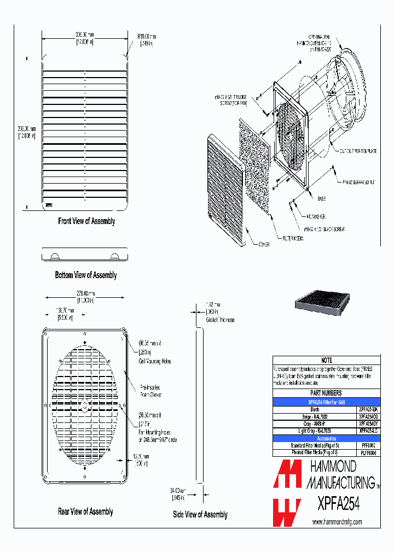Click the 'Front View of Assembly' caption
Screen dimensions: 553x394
click(86, 221)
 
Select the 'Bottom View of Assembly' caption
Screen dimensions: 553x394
click(86, 275)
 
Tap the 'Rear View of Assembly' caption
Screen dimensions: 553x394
click(85, 511)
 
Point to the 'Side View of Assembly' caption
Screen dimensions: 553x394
click(200, 514)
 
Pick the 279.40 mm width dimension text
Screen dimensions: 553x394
click(85, 294)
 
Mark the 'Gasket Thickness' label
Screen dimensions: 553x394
click(220, 320)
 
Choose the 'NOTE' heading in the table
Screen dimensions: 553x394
click(326, 361)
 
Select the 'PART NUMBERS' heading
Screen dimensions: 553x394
click(326, 393)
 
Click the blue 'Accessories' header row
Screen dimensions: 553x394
click(326, 438)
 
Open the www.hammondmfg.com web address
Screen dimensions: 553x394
click(337, 522)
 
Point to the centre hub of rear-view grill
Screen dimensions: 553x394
click(84, 405)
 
